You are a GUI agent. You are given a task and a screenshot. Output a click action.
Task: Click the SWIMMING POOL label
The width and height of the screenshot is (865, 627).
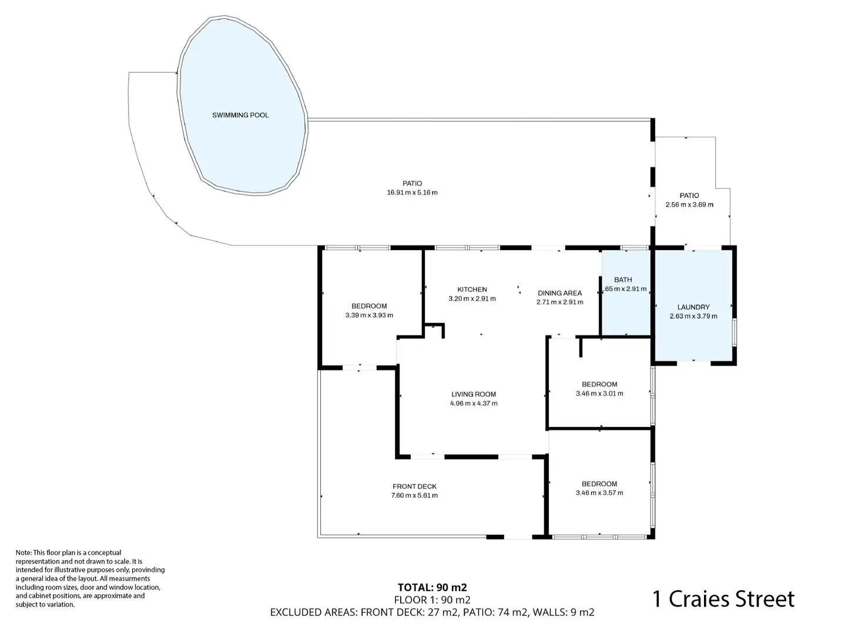pos(240,115)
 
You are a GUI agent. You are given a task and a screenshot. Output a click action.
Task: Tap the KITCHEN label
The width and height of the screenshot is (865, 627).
pos(472,289)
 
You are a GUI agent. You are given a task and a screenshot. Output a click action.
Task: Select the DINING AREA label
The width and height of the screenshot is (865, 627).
pos(559,293)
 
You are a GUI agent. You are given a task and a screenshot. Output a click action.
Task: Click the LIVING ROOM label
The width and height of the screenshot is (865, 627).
pos(474,395)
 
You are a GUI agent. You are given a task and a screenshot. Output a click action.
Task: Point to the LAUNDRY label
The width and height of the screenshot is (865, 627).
pos(693,307)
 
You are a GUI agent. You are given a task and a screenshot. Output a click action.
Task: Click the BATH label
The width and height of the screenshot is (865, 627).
pos(623,280)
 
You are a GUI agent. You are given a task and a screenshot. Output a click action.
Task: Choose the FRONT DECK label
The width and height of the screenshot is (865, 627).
pos(414,486)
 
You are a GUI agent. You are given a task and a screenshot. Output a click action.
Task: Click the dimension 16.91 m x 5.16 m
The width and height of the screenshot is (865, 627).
pos(412,193)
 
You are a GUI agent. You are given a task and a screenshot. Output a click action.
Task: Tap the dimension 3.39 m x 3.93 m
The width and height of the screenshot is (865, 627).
pos(369,315)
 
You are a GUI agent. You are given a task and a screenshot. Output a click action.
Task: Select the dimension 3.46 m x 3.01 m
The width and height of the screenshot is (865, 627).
pos(599,394)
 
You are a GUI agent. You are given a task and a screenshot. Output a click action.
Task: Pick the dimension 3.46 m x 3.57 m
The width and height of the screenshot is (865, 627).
pos(599,493)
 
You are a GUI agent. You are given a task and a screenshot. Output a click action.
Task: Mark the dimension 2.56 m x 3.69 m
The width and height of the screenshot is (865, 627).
pos(689,205)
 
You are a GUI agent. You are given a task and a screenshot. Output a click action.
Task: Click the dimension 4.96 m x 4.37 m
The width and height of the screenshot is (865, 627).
pos(474,404)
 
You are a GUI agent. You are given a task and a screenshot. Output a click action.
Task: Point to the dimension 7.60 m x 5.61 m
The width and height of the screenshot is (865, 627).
pos(414,495)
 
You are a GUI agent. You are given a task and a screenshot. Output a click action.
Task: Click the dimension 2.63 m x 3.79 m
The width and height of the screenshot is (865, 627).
pos(693,316)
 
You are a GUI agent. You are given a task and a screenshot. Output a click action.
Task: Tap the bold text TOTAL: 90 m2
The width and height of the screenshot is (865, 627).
pos(432,587)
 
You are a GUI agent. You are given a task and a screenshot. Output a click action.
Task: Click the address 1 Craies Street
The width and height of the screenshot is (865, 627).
pos(723,599)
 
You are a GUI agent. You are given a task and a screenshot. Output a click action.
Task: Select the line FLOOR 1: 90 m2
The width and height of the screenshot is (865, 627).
pos(432,599)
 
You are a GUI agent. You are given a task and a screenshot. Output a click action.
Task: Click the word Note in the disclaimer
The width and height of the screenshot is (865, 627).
pos(24,552)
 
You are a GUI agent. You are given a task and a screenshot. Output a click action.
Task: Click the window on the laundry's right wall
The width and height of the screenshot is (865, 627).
pos(734,333)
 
